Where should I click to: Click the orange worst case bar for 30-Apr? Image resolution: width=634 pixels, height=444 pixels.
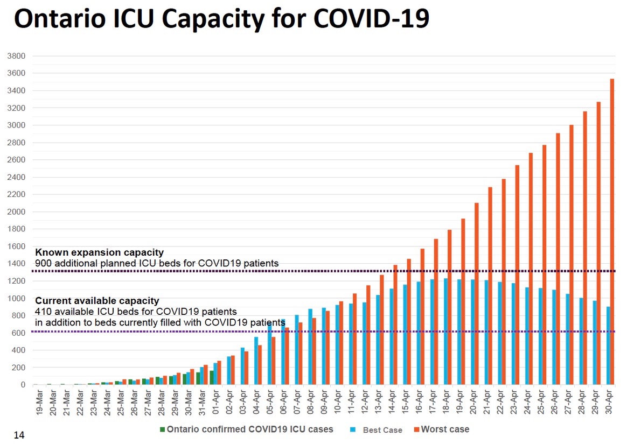pyautogui.click(x=612, y=231)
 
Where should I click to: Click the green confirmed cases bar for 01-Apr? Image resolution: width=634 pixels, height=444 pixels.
pyautogui.click(x=212, y=377)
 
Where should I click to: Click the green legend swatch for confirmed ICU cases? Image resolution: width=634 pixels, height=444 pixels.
pyautogui.click(x=162, y=429)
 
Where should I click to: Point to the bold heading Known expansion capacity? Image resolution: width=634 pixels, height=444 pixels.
pyautogui.click(x=99, y=252)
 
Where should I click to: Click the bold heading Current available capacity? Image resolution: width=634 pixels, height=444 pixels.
pyautogui.click(x=97, y=301)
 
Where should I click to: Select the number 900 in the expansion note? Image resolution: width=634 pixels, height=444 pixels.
pyautogui.click(x=43, y=263)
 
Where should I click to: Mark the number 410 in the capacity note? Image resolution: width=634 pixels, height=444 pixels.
pyautogui.click(x=43, y=311)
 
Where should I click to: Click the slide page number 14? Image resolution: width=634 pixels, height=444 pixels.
pyautogui.click(x=19, y=434)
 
